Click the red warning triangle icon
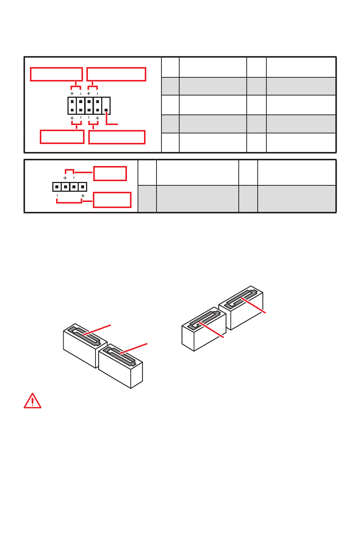(33, 401)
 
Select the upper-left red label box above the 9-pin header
(56, 74)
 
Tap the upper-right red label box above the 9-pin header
(116, 74)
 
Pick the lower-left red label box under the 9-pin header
(62, 137)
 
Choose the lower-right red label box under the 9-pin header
(117, 137)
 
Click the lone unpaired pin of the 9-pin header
(106, 110)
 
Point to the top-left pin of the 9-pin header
(72, 102)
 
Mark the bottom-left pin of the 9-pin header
(72, 110)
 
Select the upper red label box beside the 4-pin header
(110, 174)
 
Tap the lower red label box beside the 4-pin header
(112, 200)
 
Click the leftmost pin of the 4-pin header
(57, 187)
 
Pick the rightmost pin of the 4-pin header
(83, 187)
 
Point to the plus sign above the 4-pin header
(65, 178)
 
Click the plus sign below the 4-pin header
(83, 196)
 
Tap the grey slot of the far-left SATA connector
(84, 336)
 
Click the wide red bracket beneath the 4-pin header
(69, 202)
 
